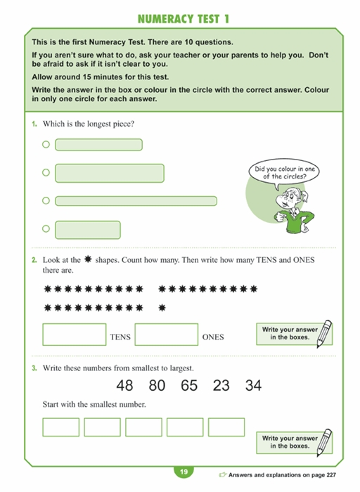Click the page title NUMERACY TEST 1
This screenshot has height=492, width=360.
tap(184, 19)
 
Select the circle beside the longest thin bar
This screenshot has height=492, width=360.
tap(46, 200)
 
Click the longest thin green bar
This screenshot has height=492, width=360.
tap(136, 201)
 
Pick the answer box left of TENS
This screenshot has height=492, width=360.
tap(75, 335)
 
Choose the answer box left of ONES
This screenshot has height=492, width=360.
tap(167, 335)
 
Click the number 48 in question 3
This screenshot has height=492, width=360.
tap(124, 385)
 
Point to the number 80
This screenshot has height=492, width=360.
tap(157, 385)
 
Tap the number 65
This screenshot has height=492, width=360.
tap(189, 385)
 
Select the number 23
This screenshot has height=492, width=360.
tap(221, 385)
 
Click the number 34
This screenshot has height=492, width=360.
tap(253, 385)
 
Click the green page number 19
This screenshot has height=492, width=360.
tap(184, 472)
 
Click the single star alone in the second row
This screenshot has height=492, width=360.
tap(162, 308)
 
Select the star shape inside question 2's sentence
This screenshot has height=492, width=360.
tap(88, 259)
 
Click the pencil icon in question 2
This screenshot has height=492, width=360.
tap(324, 334)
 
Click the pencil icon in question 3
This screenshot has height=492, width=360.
tap(324, 442)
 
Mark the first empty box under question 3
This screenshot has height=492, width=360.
tap(61, 427)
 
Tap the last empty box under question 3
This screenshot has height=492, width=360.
tap(226, 427)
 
